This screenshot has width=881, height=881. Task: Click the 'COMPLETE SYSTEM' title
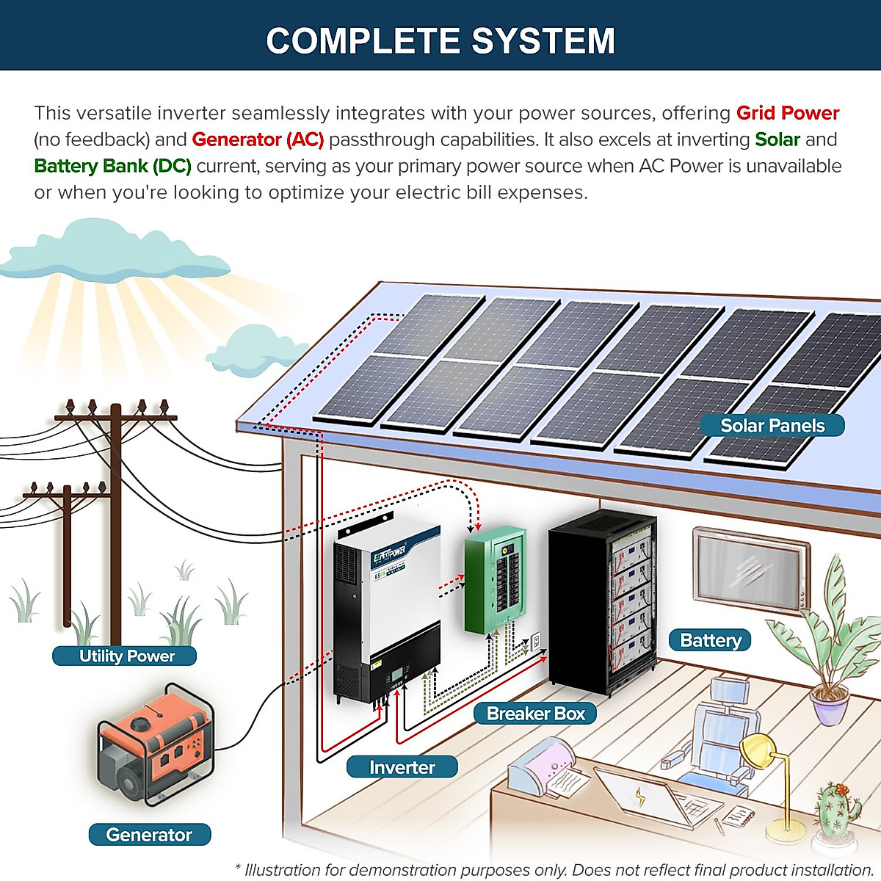click(x=440, y=41)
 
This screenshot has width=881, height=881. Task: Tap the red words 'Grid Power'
click(x=788, y=113)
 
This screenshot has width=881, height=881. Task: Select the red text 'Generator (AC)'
click(x=258, y=139)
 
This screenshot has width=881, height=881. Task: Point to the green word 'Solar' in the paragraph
click(x=777, y=139)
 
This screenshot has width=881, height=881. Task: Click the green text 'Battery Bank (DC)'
click(x=112, y=166)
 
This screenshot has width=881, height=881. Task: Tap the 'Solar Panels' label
click(x=772, y=426)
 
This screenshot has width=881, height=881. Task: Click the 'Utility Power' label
click(x=126, y=656)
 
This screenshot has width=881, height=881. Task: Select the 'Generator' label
click(x=149, y=835)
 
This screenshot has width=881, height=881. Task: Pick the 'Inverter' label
click(x=402, y=767)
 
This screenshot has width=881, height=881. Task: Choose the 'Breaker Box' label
click(x=535, y=714)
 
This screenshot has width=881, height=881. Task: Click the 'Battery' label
click(x=710, y=640)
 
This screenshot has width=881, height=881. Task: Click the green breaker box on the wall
click(x=495, y=580)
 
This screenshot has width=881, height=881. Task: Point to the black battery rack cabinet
click(x=602, y=602)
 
